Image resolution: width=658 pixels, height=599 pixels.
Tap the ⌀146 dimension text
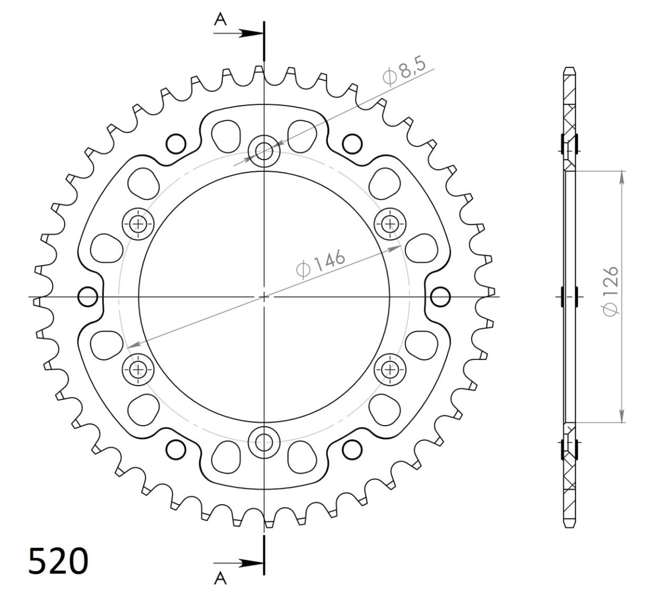(320, 263)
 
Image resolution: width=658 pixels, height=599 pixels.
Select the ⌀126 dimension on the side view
(610, 291)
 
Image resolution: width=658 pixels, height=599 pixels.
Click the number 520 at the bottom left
(58, 561)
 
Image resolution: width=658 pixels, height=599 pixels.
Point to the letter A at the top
(220, 20)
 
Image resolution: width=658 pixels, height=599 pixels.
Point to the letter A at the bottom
(220, 587)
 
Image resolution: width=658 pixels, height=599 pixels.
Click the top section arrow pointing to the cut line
(239, 33)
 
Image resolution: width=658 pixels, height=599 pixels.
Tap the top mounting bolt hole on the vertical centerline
(264, 151)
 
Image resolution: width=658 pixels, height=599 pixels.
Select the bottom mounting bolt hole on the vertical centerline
(264, 443)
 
